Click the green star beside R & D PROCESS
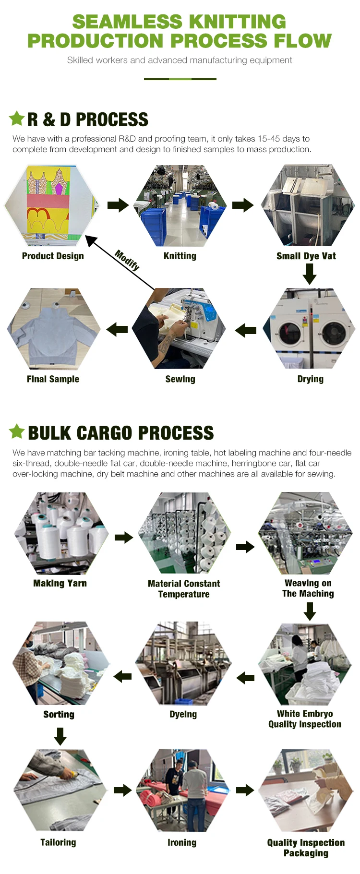tap(17, 118)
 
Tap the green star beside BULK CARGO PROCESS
tap(17, 431)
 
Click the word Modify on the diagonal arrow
tap(127, 260)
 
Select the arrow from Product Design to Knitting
tap(118, 205)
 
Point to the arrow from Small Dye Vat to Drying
tap(310, 274)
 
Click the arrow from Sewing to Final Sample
tap(117, 329)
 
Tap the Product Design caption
tap(53, 256)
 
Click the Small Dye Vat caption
tap(306, 256)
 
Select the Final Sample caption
tap(53, 379)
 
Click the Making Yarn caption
tap(60, 583)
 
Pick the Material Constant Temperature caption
tap(184, 588)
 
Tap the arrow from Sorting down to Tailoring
tap(60, 736)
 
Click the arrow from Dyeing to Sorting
tap(123, 677)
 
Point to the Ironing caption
tap(182, 842)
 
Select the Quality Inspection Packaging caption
tap(306, 848)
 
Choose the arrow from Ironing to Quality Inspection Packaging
tap(245, 790)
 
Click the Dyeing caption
tap(183, 714)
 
